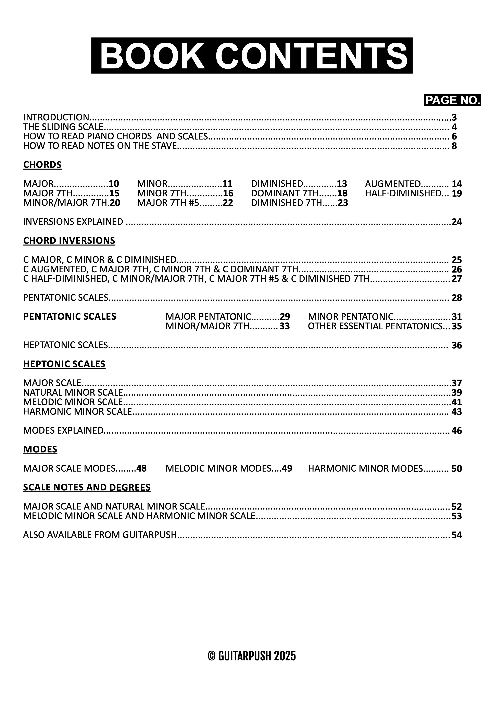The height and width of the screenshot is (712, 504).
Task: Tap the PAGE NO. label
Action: pyautogui.click(x=452, y=100)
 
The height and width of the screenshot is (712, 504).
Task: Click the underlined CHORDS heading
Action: pyautogui.click(x=42, y=165)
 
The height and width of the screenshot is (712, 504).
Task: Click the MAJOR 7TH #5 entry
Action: pyautogui.click(x=168, y=203)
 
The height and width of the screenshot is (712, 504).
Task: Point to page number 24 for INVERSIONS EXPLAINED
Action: pyautogui.click(x=456, y=222)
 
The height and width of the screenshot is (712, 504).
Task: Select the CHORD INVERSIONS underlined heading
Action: pyautogui.click(x=69, y=241)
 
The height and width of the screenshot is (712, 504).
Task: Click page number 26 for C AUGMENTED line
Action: pyautogui.click(x=456, y=269)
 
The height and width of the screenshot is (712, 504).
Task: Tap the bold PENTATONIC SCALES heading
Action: pyautogui.click(x=70, y=317)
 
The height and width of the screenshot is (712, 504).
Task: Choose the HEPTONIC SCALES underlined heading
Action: pyautogui.click(x=64, y=364)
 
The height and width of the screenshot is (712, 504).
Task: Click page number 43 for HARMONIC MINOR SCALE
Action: pyautogui.click(x=456, y=412)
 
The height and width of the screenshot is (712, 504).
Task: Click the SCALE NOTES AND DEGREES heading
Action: pyautogui.click(x=87, y=487)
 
